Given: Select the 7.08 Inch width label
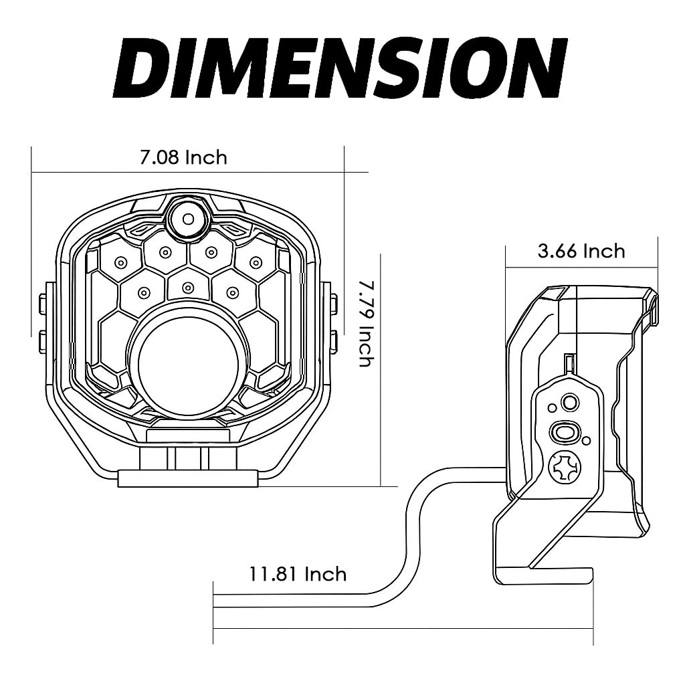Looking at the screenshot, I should tap(183, 157).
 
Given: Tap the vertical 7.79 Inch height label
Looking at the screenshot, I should tap(365, 323).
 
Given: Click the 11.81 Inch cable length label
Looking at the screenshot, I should tap(298, 574).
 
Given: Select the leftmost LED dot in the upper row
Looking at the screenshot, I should tap(121, 262).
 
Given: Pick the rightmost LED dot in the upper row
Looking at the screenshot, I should tap(256, 262).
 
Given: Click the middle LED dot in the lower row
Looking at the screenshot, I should tap(188, 288).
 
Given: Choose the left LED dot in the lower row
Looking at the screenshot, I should tap(142, 292).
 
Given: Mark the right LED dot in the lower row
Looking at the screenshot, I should tap(233, 292).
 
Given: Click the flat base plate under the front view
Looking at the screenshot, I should tap(188, 478).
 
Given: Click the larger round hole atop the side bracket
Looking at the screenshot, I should tap(570, 402).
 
